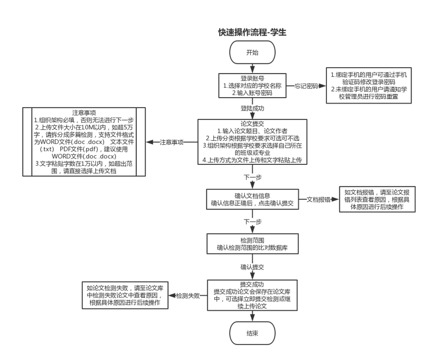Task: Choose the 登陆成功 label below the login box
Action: tap(253, 108)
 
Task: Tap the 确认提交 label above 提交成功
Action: tap(253, 266)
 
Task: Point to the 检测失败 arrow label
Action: tap(188, 295)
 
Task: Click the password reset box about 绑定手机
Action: tap(369, 85)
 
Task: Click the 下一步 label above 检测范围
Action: tap(253, 221)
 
